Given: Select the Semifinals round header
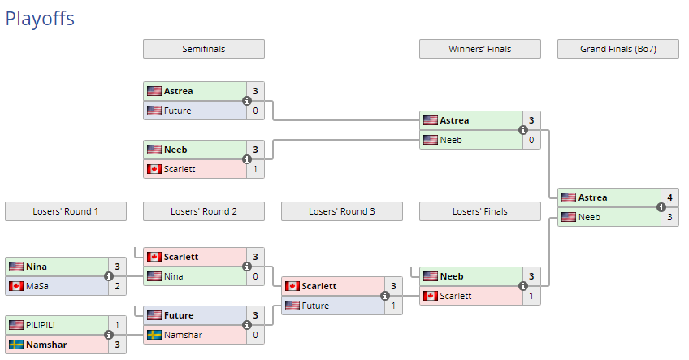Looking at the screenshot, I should coord(203,49).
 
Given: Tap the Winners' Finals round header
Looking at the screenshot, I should coord(479,49).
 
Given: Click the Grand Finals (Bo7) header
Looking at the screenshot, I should coord(617,49).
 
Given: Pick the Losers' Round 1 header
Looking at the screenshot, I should coord(65,211).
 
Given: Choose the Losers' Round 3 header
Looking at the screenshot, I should coord(341,211).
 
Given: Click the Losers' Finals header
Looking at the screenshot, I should coord(479,211).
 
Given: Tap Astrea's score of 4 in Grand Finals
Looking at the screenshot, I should coord(669,197).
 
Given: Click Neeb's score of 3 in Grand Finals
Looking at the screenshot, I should coord(669,217).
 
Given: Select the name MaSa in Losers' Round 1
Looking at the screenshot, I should coord(37,286).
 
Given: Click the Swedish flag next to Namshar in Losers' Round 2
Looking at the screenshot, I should coord(154,335).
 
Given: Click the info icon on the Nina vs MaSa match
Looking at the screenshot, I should coord(108,276).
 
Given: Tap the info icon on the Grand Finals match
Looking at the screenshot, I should coord(661,207).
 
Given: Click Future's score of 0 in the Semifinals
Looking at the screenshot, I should coord(255,111).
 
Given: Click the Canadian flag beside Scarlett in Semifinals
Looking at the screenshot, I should coord(154,169).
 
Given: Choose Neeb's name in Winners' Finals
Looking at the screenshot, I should coord(451,140).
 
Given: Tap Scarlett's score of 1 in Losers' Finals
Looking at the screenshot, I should coord(531,296).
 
